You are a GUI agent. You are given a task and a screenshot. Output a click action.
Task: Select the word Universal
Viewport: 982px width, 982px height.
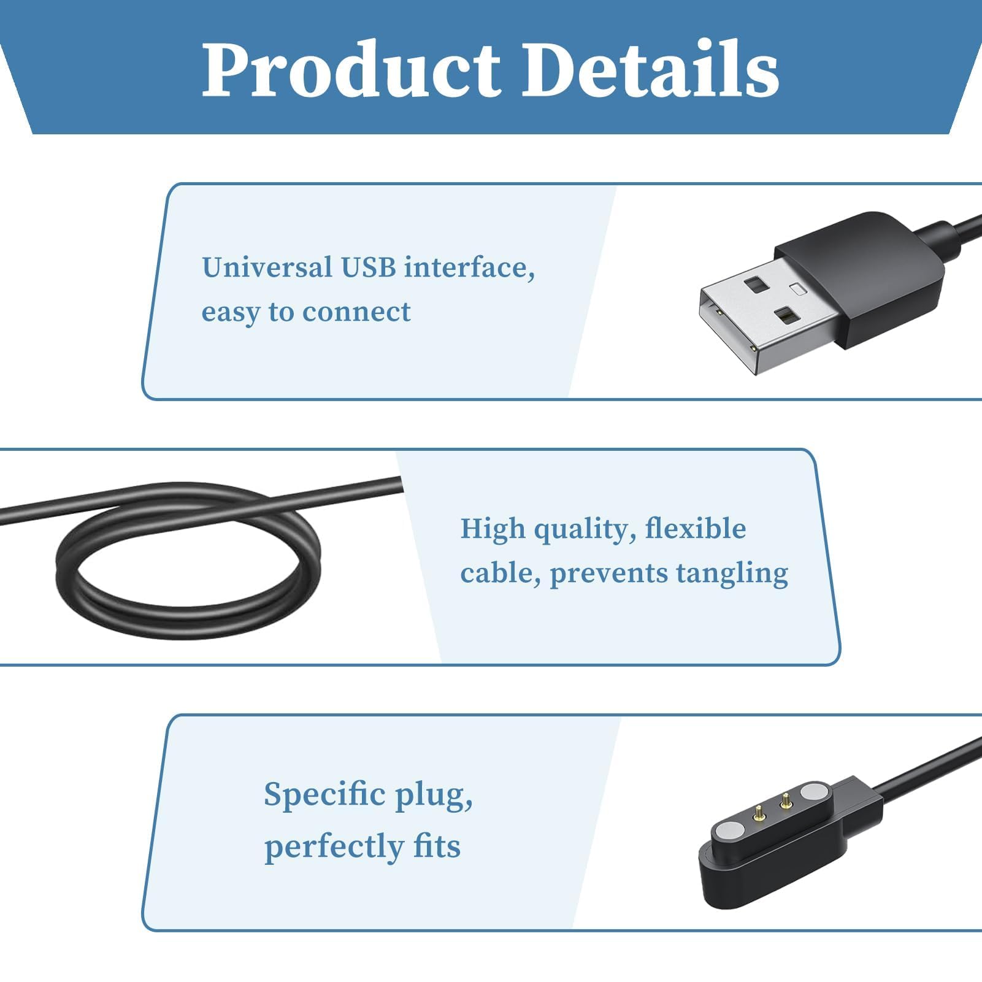(267, 267)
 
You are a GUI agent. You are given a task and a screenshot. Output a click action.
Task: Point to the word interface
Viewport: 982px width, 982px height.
(469, 267)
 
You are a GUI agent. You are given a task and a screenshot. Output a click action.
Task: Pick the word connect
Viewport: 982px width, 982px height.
(356, 312)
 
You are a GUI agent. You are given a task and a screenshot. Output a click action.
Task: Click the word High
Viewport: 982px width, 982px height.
(493, 529)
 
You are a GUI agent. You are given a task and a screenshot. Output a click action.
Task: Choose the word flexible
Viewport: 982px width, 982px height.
(696, 528)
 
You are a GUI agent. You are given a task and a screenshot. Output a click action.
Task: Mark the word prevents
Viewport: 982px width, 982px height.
(608, 574)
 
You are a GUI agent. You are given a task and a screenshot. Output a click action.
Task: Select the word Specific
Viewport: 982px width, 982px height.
(324, 795)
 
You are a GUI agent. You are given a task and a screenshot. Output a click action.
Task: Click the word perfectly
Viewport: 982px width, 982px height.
(334, 847)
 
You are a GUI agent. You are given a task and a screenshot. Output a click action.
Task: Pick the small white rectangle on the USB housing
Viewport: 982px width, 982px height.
(797, 288)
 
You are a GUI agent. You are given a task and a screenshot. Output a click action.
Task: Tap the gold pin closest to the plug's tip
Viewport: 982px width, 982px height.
(759, 815)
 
